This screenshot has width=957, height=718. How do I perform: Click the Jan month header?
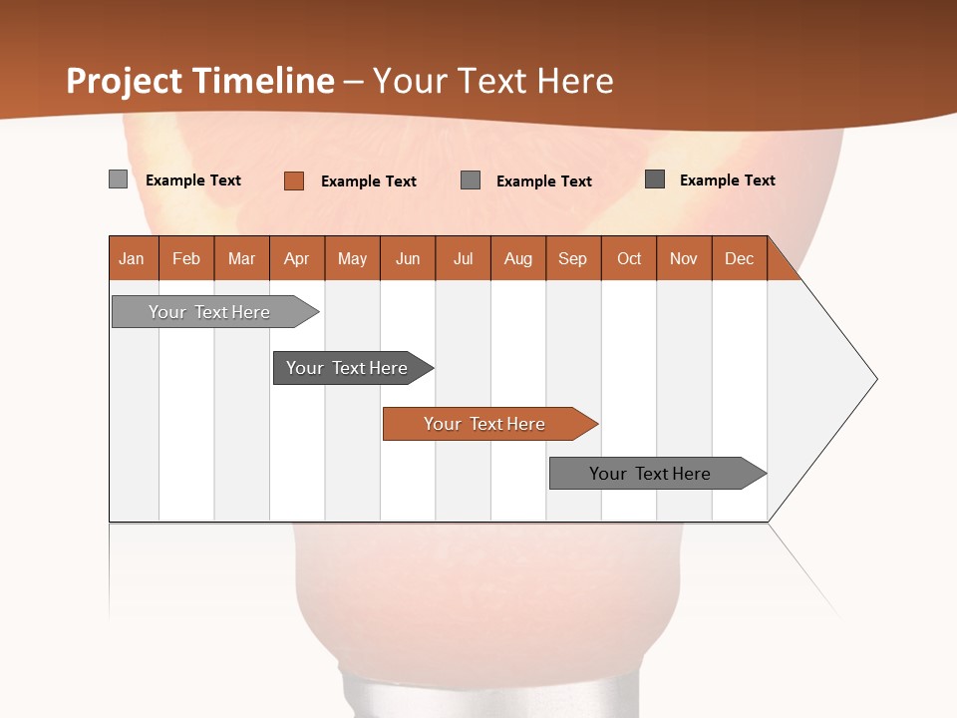point(133,258)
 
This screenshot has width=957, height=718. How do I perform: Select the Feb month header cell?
point(186,258)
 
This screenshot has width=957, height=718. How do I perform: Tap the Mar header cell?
point(241,258)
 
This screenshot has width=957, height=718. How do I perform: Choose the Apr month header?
point(297,258)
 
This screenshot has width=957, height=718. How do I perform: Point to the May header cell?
point(352,258)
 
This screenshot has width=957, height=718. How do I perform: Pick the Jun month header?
point(408,258)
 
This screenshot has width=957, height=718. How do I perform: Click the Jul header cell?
point(463,258)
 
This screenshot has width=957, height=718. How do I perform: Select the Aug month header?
point(518,258)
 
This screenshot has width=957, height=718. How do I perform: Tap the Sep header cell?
point(573,258)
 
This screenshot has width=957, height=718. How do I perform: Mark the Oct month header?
point(629,258)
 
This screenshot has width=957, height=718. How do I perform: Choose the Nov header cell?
point(684,258)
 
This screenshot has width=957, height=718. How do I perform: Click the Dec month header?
point(739,258)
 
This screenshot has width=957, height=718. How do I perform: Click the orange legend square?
point(293,180)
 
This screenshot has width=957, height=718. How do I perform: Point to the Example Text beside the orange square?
point(369,181)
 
